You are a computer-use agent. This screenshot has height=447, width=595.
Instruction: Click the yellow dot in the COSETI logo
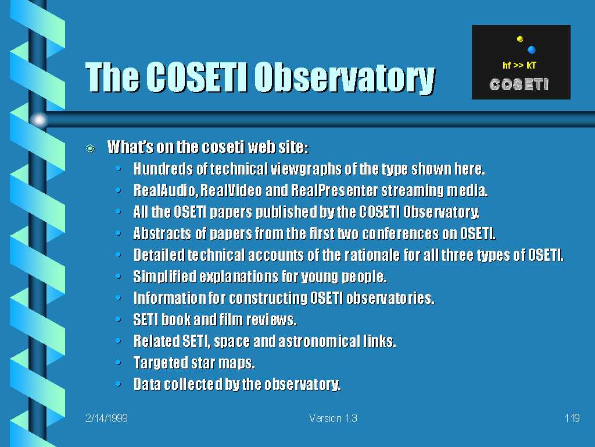(520, 39)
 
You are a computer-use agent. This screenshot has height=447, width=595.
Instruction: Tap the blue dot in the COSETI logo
(531, 50)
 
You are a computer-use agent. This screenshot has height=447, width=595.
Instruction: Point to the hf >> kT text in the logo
(519, 65)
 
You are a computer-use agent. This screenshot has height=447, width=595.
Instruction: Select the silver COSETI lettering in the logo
(519, 84)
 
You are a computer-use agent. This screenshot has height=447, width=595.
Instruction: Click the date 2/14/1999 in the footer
(107, 418)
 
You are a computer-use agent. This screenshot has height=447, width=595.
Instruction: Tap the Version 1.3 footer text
(333, 418)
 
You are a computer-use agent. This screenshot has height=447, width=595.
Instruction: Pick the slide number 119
(572, 418)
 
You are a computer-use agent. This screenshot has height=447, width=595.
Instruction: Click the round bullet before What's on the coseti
(90, 148)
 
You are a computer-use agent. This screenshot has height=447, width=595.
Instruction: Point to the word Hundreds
(163, 169)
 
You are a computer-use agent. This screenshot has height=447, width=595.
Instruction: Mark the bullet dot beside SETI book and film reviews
(119, 320)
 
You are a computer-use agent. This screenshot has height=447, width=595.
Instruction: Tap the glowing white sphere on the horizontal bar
(39, 120)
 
